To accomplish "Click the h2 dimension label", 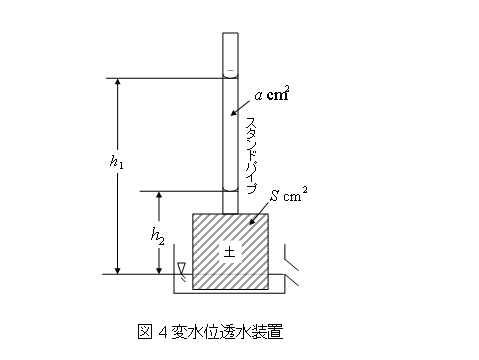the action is click(x=157, y=235).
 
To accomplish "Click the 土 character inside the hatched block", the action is click(x=229, y=252).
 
